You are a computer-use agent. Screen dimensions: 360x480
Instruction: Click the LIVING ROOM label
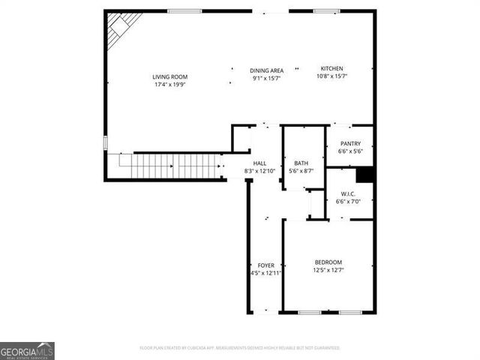point(169,76)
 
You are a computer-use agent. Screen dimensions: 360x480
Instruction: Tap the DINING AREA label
point(265,70)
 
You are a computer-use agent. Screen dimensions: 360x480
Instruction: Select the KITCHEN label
point(331,68)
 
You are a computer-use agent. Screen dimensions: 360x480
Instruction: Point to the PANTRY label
point(350,144)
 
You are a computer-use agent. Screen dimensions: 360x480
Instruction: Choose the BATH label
point(301,163)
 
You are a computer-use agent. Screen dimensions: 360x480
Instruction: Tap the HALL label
point(259,163)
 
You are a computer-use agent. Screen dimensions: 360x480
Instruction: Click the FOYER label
point(265,265)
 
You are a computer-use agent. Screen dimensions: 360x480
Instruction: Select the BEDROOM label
point(328,262)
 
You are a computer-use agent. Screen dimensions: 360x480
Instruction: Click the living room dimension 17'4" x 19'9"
point(169,84)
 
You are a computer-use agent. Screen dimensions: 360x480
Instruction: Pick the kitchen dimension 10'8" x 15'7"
point(331,76)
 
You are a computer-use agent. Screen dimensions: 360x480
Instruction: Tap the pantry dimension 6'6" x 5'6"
point(350,151)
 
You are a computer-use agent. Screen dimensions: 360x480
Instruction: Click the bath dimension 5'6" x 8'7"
point(301,171)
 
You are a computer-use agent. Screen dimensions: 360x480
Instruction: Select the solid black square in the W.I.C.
point(364,175)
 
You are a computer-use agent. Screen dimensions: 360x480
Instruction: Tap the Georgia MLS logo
point(27,351)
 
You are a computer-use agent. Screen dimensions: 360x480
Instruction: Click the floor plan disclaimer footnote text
point(239,348)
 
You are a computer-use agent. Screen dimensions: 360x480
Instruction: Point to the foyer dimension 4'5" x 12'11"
point(265,273)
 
